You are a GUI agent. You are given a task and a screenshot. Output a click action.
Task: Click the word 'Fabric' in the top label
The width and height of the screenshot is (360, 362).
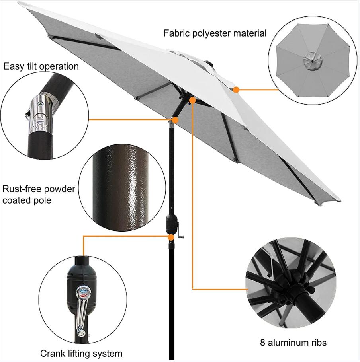175,33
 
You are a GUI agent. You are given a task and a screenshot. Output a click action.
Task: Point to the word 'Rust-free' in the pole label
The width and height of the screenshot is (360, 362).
21,189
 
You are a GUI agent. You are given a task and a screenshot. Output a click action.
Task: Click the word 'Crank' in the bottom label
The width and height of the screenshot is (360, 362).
52,353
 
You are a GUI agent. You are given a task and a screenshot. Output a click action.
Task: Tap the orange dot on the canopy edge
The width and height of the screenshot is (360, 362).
236,90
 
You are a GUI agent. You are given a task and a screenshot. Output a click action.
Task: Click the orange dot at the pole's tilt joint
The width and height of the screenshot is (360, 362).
174,119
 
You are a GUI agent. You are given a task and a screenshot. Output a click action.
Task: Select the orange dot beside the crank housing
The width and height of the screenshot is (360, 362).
171,237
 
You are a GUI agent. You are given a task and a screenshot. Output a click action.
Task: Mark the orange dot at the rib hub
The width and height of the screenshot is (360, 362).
193,101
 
